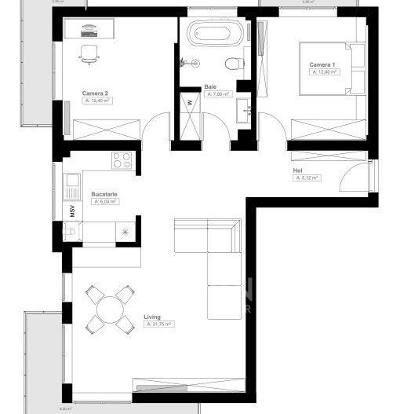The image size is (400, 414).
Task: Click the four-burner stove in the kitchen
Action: click(x=122, y=161)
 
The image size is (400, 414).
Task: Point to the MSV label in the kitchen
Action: click(x=71, y=211)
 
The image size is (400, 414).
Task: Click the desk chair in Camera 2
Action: click(x=89, y=53)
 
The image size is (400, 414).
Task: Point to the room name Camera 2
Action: click(x=95, y=93)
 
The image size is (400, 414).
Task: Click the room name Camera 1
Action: click(x=322, y=64)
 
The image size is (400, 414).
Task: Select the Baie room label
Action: click(x=210, y=87)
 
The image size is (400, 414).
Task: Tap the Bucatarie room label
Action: click(x=104, y=193)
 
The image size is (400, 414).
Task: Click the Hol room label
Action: click(x=297, y=170)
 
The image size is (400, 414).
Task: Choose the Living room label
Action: click(x=152, y=317)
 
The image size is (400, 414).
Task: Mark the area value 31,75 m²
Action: click(x=158, y=324)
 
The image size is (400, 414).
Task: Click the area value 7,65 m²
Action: click(x=217, y=94)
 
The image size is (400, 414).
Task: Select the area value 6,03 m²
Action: click(x=104, y=201)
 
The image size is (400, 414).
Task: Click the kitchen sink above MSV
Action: click(x=72, y=186)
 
